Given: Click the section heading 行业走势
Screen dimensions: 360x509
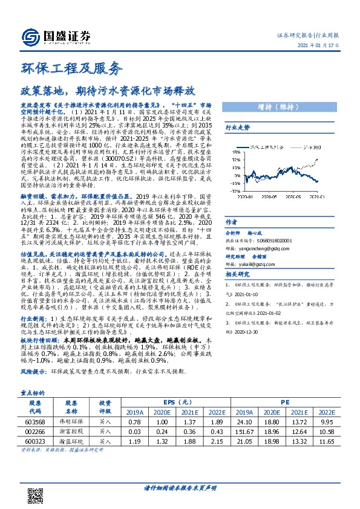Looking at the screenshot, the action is pos(238,128).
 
